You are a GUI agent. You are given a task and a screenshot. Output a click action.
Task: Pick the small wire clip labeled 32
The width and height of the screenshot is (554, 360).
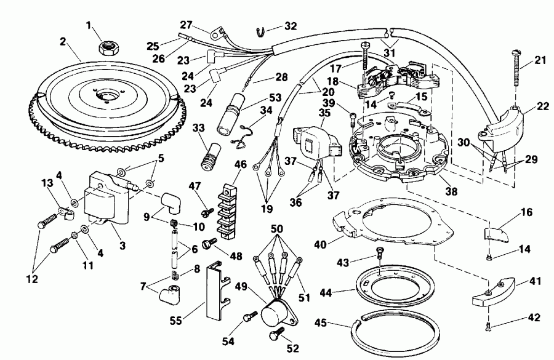[x=260, y=28]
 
